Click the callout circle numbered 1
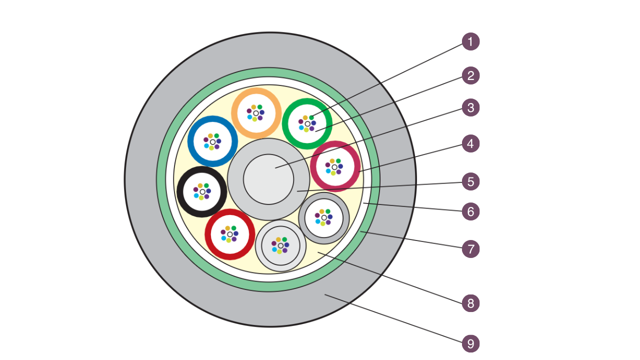(470, 41)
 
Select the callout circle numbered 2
(470, 75)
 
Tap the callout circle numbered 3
(470, 107)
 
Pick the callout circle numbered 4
(470, 144)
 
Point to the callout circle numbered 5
(470, 181)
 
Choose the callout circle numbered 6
(470, 211)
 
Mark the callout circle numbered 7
(470, 248)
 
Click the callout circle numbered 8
(470, 303)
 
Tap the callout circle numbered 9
(470, 344)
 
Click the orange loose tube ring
(256, 91)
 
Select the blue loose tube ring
(191, 141)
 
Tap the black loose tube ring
(180, 191)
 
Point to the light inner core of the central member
(268, 179)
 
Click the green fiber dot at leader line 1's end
(311, 117)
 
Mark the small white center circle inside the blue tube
(212, 142)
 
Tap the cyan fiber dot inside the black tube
(195, 196)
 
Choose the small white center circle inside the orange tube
(256, 113)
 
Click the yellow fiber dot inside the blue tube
(211, 148)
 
